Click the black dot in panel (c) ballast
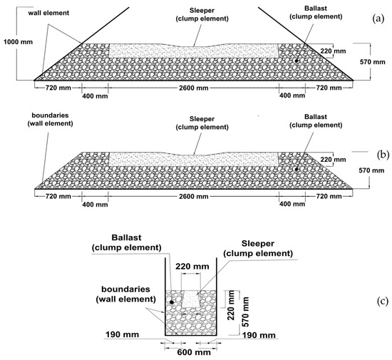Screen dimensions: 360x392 click(x=171, y=302)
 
